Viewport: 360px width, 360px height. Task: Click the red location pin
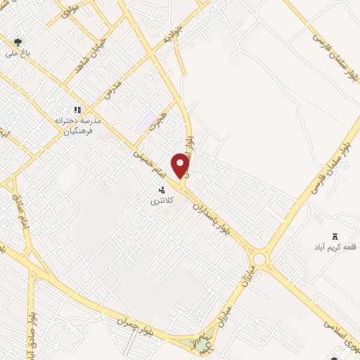click(181, 165)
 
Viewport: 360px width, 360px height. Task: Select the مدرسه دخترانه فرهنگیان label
click(79, 126)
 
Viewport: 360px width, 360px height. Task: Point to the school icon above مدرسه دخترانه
click(78, 109)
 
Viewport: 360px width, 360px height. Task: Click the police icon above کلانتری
click(162, 189)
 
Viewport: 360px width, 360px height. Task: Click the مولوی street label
click(68, 10)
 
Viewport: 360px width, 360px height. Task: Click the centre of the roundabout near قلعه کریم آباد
click(260, 259)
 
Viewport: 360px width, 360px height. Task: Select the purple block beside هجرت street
click(149, 121)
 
